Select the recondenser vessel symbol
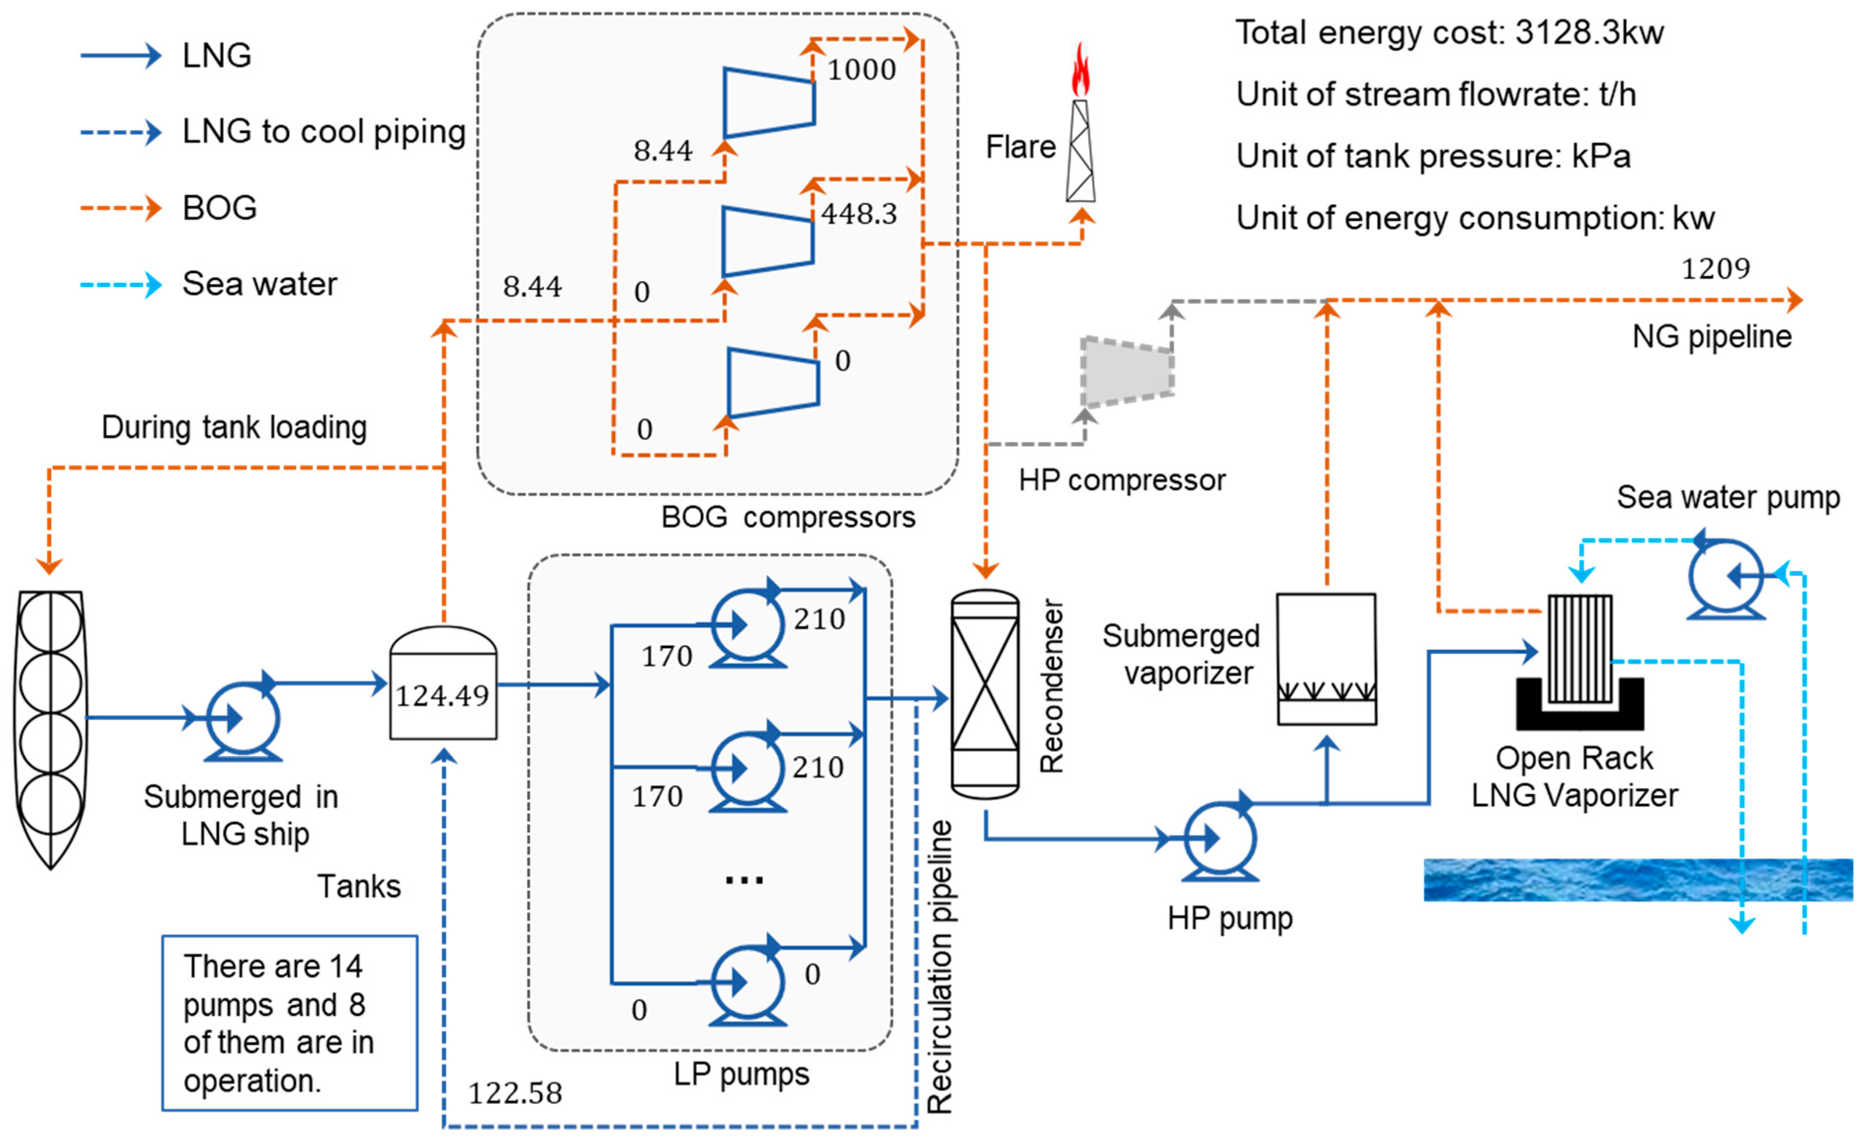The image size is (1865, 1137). (x=984, y=693)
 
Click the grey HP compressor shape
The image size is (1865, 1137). (x=1127, y=372)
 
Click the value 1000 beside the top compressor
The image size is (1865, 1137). (x=861, y=70)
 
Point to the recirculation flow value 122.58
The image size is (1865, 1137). (x=515, y=1093)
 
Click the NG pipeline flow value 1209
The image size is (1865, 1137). (x=1715, y=269)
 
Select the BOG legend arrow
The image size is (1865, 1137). (x=121, y=207)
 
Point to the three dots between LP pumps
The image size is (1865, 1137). (x=744, y=879)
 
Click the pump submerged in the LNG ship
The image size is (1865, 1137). (x=242, y=719)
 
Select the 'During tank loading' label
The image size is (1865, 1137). (x=235, y=427)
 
